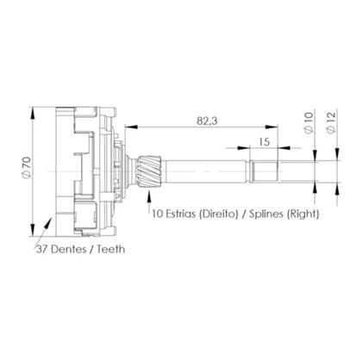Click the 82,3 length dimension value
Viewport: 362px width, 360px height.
pos(205,121)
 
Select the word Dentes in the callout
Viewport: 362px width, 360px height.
pos(72,250)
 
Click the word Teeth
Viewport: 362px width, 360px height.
pos(112,250)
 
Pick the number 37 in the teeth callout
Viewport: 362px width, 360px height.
pos(43,250)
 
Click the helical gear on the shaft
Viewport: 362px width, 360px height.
pos(144,167)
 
